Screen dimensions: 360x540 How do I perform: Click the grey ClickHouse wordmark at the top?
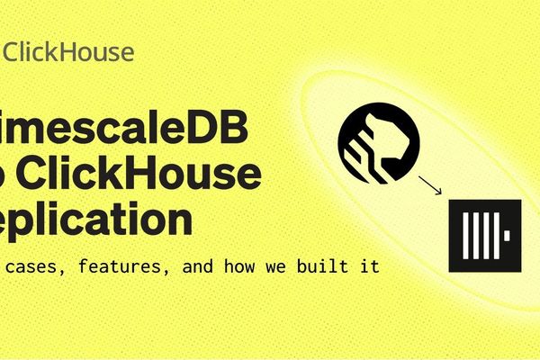69,52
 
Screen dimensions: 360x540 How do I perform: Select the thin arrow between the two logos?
430,186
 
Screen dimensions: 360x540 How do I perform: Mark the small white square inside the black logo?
508,235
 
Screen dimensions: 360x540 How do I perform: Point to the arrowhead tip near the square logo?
441,195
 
